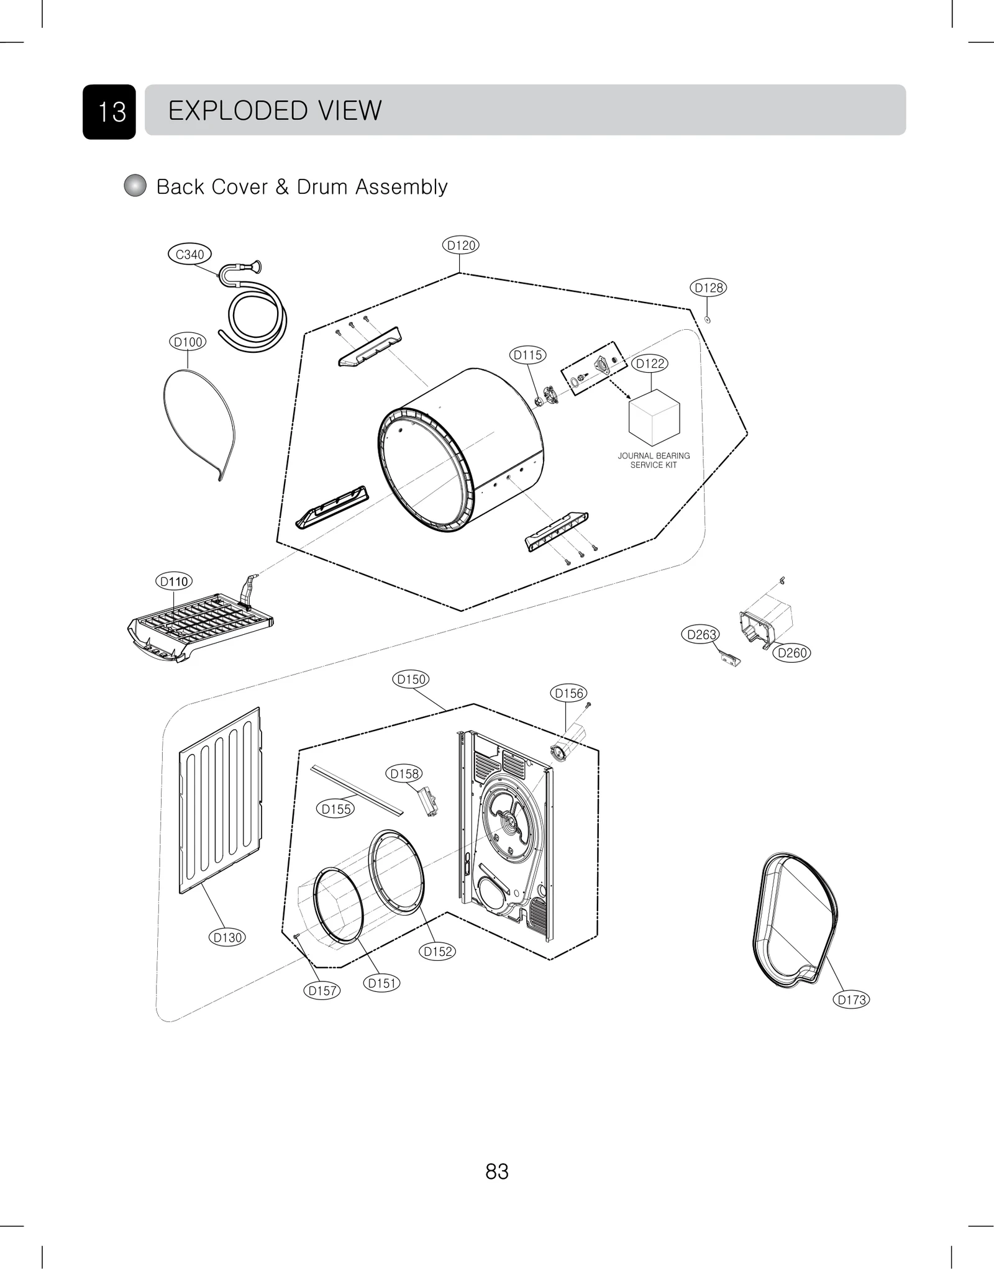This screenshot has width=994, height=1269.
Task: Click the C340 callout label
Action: (x=189, y=254)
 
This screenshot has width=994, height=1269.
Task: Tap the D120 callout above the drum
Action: (x=461, y=245)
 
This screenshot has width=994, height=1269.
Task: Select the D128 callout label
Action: (x=708, y=288)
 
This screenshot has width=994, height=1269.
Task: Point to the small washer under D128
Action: (x=708, y=320)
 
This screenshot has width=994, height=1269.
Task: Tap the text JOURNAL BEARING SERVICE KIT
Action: (x=654, y=460)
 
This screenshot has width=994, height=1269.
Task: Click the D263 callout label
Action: (x=701, y=635)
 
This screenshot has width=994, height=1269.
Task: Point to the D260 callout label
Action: (x=792, y=653)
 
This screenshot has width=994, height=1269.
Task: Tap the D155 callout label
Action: (x=336, y=809)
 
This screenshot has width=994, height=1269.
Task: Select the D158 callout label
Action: (x=404, y=773)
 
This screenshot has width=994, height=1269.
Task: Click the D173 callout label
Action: (x=851, y=999)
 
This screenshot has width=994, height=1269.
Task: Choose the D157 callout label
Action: (x=322, y=991)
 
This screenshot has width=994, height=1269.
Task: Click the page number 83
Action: (x=497, y=1171)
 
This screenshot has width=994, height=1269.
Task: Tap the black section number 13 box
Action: (x=109, y=112)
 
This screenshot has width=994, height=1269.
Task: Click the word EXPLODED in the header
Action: (x=238, y=111)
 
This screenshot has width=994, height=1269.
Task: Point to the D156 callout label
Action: (x=568, y=693)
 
